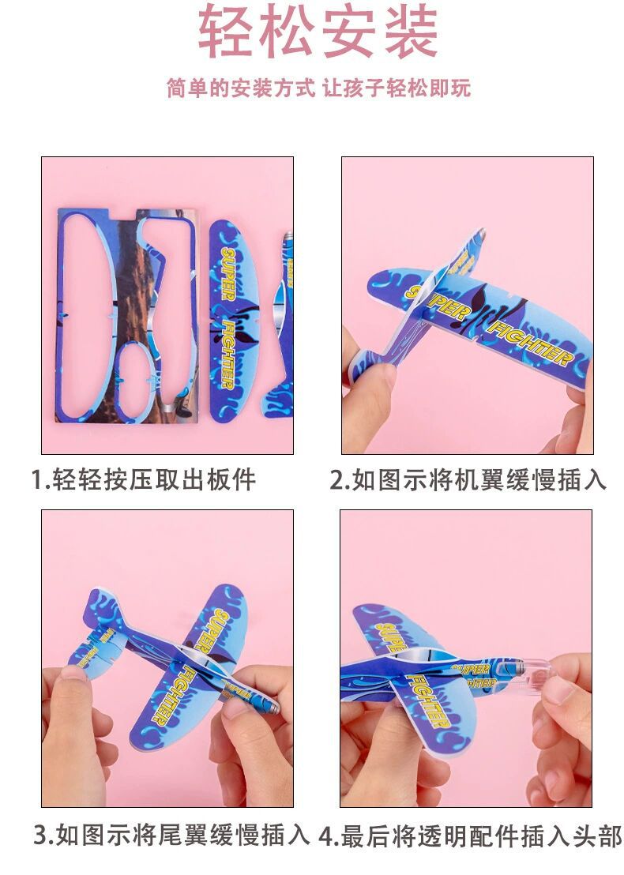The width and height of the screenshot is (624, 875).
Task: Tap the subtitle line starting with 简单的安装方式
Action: (x=318, y=88)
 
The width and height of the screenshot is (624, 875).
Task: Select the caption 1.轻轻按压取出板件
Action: (x=143, y=479)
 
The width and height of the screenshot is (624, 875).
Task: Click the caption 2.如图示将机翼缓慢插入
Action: (x=468, y=479)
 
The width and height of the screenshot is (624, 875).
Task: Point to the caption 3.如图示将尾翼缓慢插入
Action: (x=171, y=836)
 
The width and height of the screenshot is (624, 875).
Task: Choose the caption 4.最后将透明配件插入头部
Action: (x=470, y=836)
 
